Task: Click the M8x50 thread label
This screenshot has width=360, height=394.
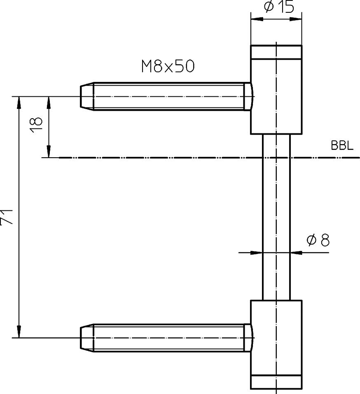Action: (168, 67)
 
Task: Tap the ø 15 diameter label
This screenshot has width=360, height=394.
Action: (279, 7)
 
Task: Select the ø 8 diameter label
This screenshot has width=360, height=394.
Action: (318, 240)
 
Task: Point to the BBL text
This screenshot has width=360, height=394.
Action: (342, 145)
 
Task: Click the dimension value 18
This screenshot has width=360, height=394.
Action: (36, 125)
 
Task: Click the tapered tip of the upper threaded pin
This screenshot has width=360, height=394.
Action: (87, 96)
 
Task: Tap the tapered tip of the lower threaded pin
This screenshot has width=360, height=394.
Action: (87, 338)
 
